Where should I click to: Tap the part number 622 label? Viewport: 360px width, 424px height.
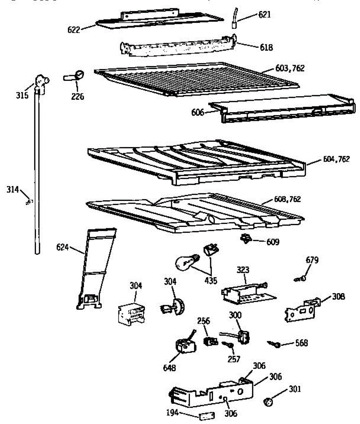[74, 30]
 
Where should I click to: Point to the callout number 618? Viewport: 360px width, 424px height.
[266, 47]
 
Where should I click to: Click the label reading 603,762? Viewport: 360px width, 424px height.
[290, 68]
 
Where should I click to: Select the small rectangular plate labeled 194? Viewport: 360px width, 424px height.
[205, 416]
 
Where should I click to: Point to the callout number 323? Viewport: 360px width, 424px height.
[243, 270]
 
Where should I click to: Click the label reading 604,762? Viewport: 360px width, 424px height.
[336, 159]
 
